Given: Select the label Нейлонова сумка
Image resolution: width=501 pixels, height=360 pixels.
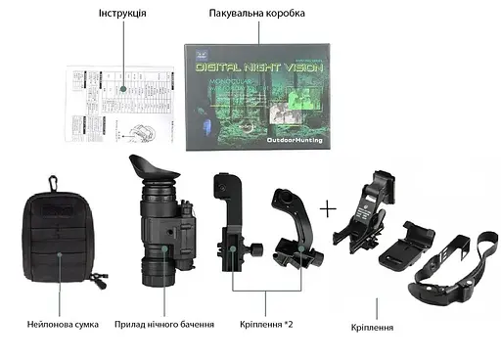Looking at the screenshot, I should pyautogui.click(x=62, y=324).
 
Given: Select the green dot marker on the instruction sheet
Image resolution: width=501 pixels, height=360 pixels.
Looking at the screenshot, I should pyautogui.click(x=124, y=87).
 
